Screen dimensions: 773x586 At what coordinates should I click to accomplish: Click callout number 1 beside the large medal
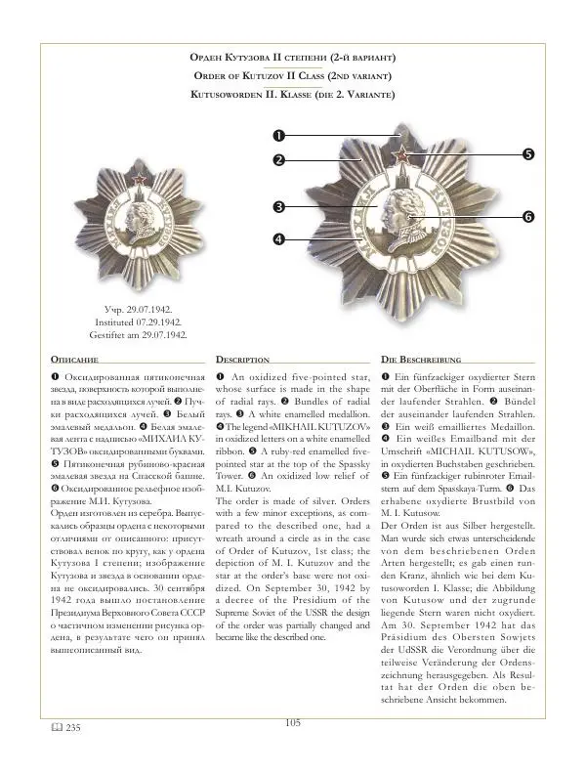277,135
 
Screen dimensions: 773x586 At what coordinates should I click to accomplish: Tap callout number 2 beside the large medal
277,159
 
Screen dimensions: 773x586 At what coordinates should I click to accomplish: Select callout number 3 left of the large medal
278,207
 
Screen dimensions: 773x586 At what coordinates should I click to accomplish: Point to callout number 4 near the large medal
278,238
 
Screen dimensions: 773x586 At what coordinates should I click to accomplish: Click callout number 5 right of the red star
527,153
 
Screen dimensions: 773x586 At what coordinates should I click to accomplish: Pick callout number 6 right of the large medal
528,216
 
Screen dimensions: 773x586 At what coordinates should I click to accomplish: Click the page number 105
292,750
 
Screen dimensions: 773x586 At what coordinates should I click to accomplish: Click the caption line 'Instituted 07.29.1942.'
140,322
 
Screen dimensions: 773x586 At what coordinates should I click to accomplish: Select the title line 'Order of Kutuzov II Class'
292,76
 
